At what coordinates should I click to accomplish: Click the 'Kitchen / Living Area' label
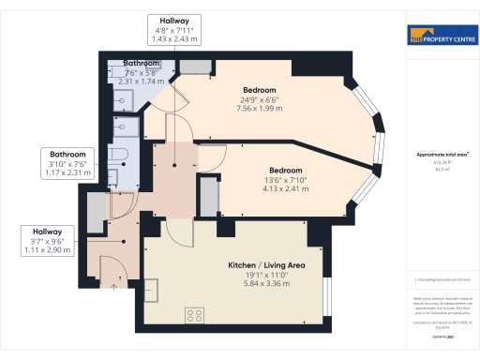point(267,265)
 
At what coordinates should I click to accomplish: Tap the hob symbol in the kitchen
point(196,314)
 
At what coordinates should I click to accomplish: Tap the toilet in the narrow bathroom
point(120,156)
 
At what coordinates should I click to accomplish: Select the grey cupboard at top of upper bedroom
point(195,66)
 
